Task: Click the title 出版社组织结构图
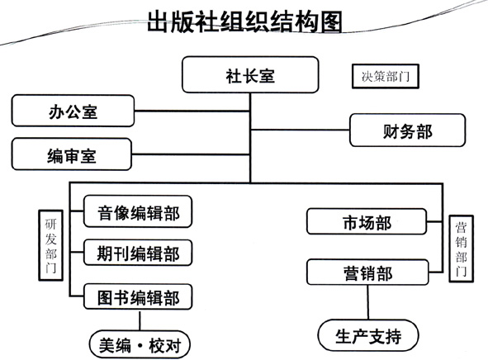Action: (244, 21)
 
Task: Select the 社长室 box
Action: (250, 74)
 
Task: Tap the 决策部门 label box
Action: (386, 76)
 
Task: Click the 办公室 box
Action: (73, 111)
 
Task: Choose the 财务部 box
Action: (407, 130)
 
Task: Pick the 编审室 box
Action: (72, 154)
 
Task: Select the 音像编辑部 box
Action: (138, 211)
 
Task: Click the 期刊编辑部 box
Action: (138, 253)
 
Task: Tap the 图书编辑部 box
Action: (138, 296)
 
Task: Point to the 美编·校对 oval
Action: (140, 344)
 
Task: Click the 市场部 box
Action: (367, 221)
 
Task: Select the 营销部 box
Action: (367, 272)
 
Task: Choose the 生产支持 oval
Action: (368, 335)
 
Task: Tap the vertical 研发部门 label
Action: (50, 245)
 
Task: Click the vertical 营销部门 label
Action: (462, 249)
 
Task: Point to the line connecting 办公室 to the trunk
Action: (192, 111)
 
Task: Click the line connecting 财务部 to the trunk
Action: (300, 130)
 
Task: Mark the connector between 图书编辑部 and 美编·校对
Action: (140, 320)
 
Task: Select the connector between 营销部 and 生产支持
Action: (368, 302)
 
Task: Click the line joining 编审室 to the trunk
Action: (191, 154)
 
